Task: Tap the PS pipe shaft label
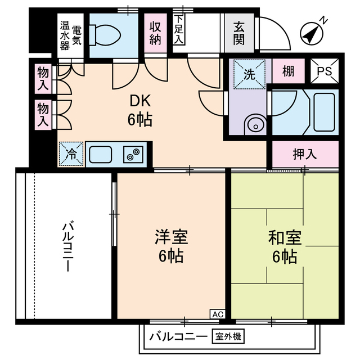coord(325,71)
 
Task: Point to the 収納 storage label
coord(157,32)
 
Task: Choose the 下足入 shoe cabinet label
coord(179,29)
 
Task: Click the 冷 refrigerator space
coord(71,152)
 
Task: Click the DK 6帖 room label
coord(141,110)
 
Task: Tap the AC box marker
coord(218,314)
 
